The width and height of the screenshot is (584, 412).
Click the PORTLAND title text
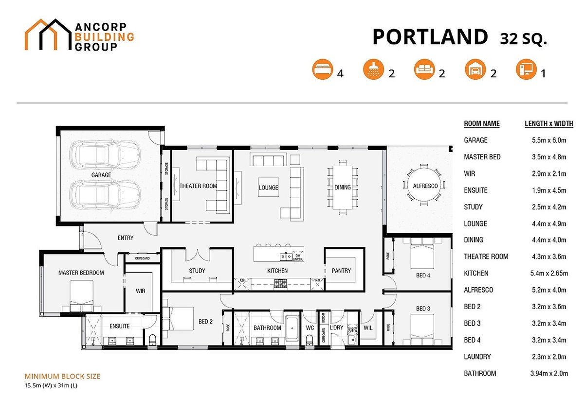coord(430,37)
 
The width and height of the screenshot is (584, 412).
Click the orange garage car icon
coord(474,70)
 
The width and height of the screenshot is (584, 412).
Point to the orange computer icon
coord(525,70)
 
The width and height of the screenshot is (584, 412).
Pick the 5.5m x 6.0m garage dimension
coord(549,140)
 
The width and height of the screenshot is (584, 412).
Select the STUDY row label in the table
coord(473,207)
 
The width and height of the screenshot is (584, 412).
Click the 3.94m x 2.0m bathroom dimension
coord(548,374)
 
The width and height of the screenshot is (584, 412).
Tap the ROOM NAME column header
coord(481,123)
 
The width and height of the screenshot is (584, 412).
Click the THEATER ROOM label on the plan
coord(198,186)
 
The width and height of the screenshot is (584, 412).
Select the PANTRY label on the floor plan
coord(341,271)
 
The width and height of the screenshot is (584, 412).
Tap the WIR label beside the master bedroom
coord(141,292)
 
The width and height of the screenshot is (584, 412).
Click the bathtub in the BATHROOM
coord(292,329)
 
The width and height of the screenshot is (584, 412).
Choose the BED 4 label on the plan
coord(423,275)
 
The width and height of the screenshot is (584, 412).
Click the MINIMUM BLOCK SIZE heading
coord(62,376)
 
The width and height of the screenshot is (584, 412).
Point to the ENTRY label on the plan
coord(126,238)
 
